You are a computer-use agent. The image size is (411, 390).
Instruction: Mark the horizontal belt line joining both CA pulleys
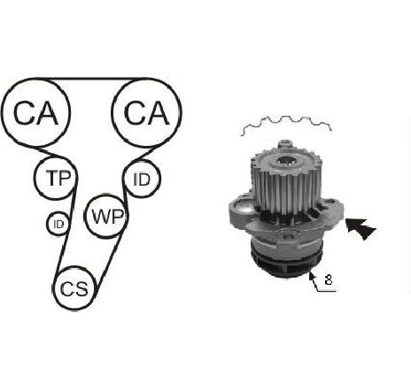(96, 79)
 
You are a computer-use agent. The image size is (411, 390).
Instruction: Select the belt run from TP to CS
(66, 233)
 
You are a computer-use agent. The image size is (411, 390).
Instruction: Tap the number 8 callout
(328, 279)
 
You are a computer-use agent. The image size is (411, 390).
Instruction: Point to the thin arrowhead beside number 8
(312, 276)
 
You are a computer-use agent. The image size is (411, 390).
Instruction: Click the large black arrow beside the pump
(361, 228)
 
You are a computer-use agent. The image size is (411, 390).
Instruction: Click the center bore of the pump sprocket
(286, 161)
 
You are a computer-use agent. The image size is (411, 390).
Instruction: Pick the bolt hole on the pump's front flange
(289, 236)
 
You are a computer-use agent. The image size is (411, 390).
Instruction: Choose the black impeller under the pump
(285, 263)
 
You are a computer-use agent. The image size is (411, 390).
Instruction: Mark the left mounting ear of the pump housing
(241, 210)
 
